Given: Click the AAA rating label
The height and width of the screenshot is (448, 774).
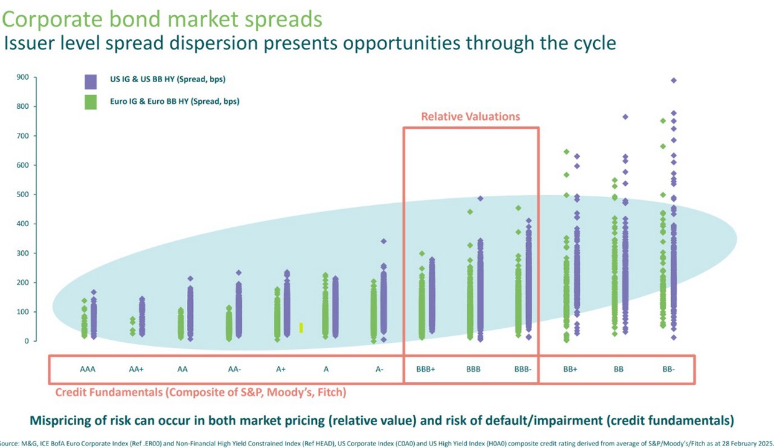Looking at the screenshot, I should (88, 368).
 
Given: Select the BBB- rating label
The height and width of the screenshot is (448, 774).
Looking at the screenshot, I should (522, 368).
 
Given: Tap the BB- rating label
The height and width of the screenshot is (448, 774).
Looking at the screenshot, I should (668, 368).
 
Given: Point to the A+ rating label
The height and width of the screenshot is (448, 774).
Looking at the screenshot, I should (281, 368).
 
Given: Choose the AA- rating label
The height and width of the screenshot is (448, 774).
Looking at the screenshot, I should (232, 368).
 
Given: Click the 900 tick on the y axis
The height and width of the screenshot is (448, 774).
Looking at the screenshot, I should (22, 77).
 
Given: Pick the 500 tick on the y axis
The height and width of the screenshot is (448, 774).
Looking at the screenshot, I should (22, 195).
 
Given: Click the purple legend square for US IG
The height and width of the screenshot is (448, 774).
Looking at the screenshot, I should (91, 82).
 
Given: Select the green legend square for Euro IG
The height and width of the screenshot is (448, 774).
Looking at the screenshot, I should (91, 102).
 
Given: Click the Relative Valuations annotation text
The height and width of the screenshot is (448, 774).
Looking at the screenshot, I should (470, 116).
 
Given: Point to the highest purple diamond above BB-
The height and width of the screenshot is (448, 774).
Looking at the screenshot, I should (674, 80).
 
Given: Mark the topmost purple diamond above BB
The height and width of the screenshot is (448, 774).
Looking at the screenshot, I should (625, 117).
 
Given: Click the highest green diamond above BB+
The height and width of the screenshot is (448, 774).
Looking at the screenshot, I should (567, 152).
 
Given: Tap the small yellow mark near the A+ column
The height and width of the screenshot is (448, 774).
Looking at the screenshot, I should (301, 327).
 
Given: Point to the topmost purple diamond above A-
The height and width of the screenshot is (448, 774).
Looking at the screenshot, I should (383, 241).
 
